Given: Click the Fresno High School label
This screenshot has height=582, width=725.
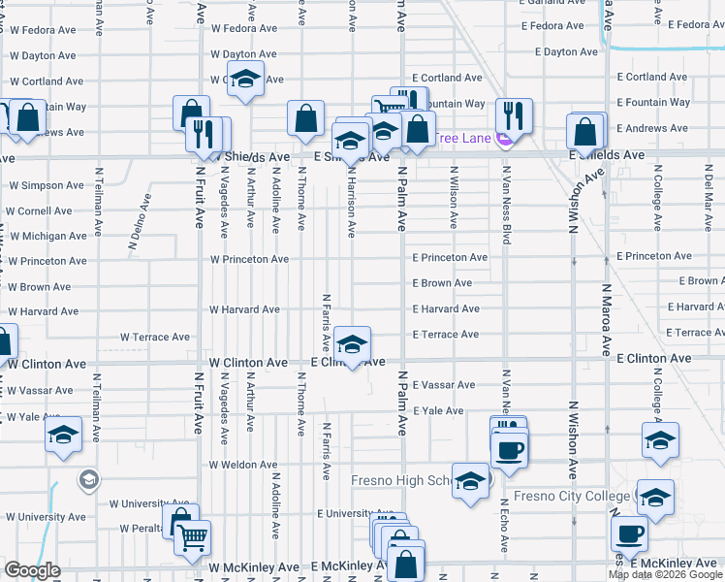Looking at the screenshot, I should pos(403,480).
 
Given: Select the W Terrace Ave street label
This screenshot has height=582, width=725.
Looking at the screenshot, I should pos(155,338).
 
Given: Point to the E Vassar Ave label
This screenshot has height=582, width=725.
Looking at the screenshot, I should pos(444,385).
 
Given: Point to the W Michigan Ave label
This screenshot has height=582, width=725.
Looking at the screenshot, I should pos(47,236).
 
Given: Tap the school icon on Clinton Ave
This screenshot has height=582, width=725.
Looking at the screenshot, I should pos(352,344).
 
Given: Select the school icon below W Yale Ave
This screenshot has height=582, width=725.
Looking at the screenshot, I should pos(64,436).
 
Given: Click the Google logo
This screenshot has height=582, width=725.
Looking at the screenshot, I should pos(32,570).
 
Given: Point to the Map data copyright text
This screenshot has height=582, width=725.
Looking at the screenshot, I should pos(665,574).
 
